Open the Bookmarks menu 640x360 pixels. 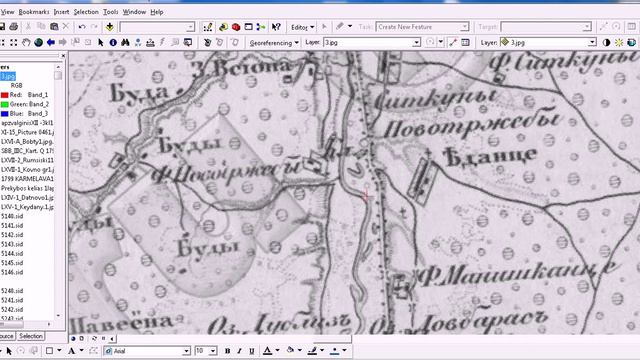(34, 11)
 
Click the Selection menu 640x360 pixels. (86, 11)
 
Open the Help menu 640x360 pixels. (157, 11)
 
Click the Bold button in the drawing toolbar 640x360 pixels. (228, 351)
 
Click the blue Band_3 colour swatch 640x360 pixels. (5, 114)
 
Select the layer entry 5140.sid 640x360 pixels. (14, 216)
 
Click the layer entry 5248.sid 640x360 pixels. (14, 291)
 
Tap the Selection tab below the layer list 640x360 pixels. (31, 336)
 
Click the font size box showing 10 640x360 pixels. (205, 351)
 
